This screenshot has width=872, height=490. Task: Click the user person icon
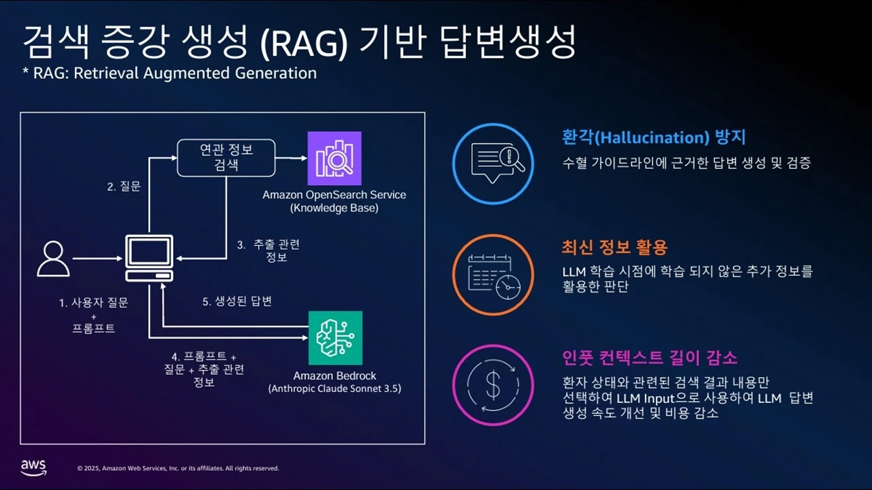[x=53, y=259]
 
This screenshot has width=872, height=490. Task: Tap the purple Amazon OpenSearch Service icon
[x=334, y=159]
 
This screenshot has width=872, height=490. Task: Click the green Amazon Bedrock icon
[x=335, y=338]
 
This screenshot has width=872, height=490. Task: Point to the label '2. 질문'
[x=124, y=186]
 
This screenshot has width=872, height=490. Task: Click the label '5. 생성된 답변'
[x=238, y=301]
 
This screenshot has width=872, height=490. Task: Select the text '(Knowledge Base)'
[x=334, y=208]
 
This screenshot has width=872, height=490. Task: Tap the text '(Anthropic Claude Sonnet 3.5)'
[x=334, y=389]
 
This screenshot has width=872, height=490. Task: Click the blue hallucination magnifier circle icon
[x=493, y=164]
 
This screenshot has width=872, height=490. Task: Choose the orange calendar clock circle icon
[x=493, y=274]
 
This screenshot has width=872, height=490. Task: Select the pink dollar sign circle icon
[x=493, y=385]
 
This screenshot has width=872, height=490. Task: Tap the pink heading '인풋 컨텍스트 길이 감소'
[x=650, y=357]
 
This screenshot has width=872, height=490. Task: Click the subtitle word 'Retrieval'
[x=105, y=73]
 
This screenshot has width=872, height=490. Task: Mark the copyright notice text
[x=178, y=468]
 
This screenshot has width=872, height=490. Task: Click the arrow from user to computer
[x=97, y=259]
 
